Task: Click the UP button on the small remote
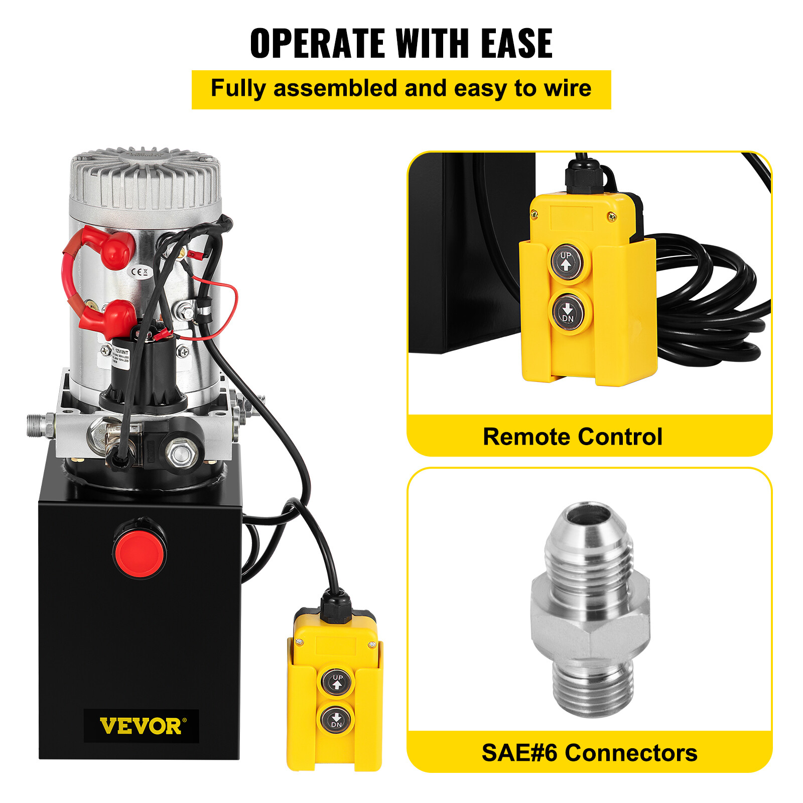[337, 682]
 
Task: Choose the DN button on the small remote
[337, 720]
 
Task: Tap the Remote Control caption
[572, 437]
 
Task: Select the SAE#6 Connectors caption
[589, 753]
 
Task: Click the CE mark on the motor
[139, 272]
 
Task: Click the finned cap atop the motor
[146, 176]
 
